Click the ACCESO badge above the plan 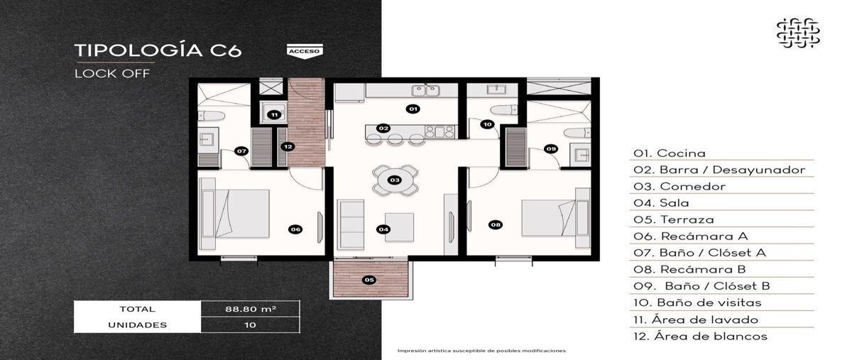305,51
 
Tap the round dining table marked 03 395,180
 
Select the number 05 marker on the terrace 369,280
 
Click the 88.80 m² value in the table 251,309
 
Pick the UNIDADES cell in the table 137,325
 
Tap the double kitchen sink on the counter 425,91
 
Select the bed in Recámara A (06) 235,214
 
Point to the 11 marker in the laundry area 274,114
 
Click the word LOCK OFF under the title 112,73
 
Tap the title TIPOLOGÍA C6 158,50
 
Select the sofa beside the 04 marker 351,225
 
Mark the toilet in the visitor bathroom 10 504,110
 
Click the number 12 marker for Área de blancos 288,146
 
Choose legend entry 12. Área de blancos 699,337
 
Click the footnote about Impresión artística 481,351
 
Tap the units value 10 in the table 250,325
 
